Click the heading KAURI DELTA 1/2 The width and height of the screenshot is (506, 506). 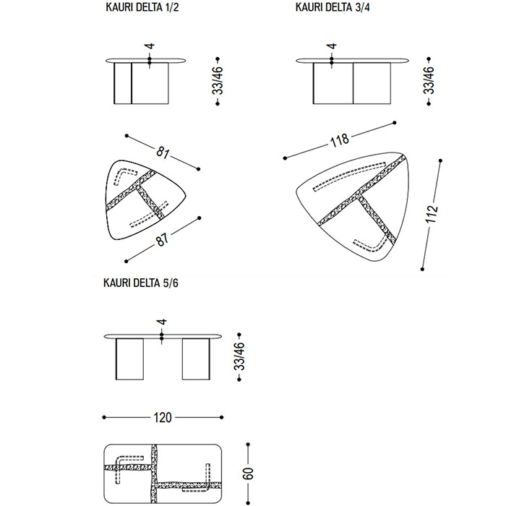[142, 7]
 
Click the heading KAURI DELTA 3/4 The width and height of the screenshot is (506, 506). [333, 7]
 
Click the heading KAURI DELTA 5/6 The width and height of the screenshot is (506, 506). [141, 283]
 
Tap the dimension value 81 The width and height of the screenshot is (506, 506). [163, 152]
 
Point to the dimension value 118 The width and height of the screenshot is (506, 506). [340, 140]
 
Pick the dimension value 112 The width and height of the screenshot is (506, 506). [432, 214]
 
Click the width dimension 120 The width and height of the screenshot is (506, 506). [163, 418]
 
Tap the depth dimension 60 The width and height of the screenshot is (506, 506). [248, 473]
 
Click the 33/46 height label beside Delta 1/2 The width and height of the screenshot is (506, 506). [218, 81]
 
